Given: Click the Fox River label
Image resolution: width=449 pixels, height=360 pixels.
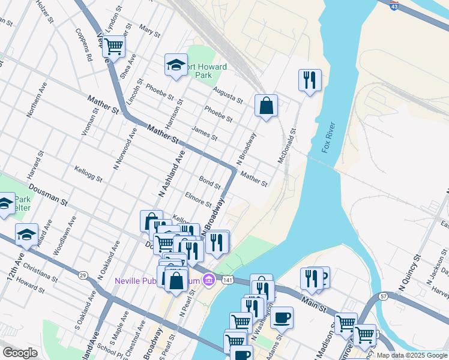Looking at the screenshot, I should tap(328, 137).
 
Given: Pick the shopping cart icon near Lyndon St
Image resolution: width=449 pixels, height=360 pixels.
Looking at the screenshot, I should tap(113, 47).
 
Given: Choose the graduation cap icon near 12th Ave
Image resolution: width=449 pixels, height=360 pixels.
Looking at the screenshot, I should tap(26, 234).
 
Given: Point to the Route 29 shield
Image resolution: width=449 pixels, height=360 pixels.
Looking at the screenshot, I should tap(82, 274).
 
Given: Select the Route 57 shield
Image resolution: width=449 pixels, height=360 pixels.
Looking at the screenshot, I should tap(384, 296).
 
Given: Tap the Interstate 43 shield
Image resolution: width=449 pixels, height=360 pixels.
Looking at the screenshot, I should tap(394, 5).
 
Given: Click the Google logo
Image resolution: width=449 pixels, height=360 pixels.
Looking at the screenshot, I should tap(20, 353).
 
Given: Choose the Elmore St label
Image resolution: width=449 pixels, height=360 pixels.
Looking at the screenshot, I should tap(199, 199).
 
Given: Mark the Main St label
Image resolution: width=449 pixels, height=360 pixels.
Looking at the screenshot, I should tap(313, 299).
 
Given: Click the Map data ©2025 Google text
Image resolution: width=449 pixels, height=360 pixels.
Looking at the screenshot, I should tap(412, 355).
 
